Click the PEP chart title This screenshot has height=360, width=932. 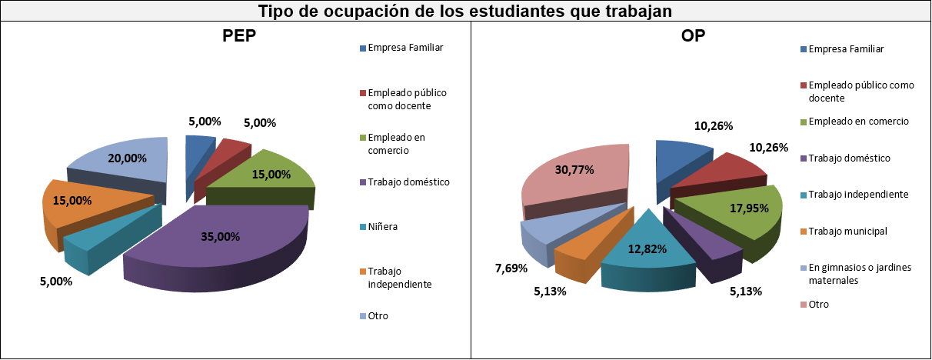[239, 37]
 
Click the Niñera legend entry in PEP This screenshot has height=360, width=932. [383, 227]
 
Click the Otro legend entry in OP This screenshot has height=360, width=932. [818, 304]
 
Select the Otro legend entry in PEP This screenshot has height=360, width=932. [378, 315]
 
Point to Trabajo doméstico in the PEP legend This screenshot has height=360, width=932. [408, 182]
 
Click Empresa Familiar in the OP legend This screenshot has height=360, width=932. [846, 49]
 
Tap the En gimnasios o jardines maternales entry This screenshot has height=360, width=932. [858, 274]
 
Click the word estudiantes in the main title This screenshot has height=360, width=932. [503, 12]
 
